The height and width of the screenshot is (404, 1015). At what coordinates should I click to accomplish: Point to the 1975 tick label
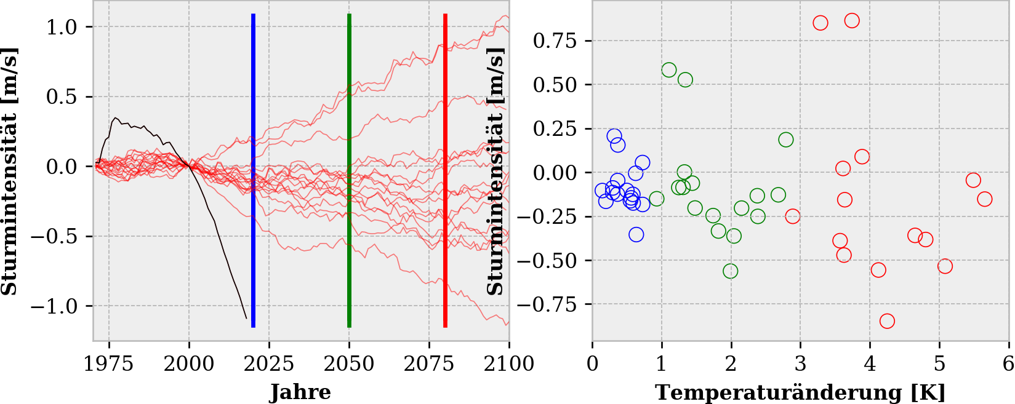pyautogui.click(x=109, y=363)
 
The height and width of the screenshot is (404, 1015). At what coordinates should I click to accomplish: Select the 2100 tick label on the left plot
pyautogui.click(x=508, y=363)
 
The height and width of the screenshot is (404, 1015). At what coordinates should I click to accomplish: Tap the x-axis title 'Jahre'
pyautogui.click(x=300, y=392)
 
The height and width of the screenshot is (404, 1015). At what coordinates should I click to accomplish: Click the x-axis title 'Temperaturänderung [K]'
pyautogui.click(x=800, y=392)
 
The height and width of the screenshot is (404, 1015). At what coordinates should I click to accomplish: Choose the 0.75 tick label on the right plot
pyautogui.click(x=555, y=41)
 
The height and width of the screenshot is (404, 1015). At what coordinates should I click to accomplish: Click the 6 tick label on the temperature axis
pyautogui.click(x=1008, y=363)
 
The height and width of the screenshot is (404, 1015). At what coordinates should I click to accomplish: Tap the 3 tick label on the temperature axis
pyautogui.click(x=800, y=363)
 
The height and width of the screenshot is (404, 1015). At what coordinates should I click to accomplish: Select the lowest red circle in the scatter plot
pyautogui.click(x=887, y=321)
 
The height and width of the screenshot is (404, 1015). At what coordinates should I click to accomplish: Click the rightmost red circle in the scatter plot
pyautogui.click(x=985, y=199)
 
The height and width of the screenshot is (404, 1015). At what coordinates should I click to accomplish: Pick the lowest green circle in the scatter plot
pyautogui.click(x=731, y=271)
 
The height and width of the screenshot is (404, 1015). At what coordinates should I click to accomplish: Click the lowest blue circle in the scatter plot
pyautogui.click(x=636, y=234)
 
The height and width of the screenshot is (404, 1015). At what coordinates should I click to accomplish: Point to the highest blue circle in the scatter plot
pyautogui.click(x=614, y=136)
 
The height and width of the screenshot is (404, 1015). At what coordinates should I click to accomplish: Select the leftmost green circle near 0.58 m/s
pyautogui.click(x=669, y=70)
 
